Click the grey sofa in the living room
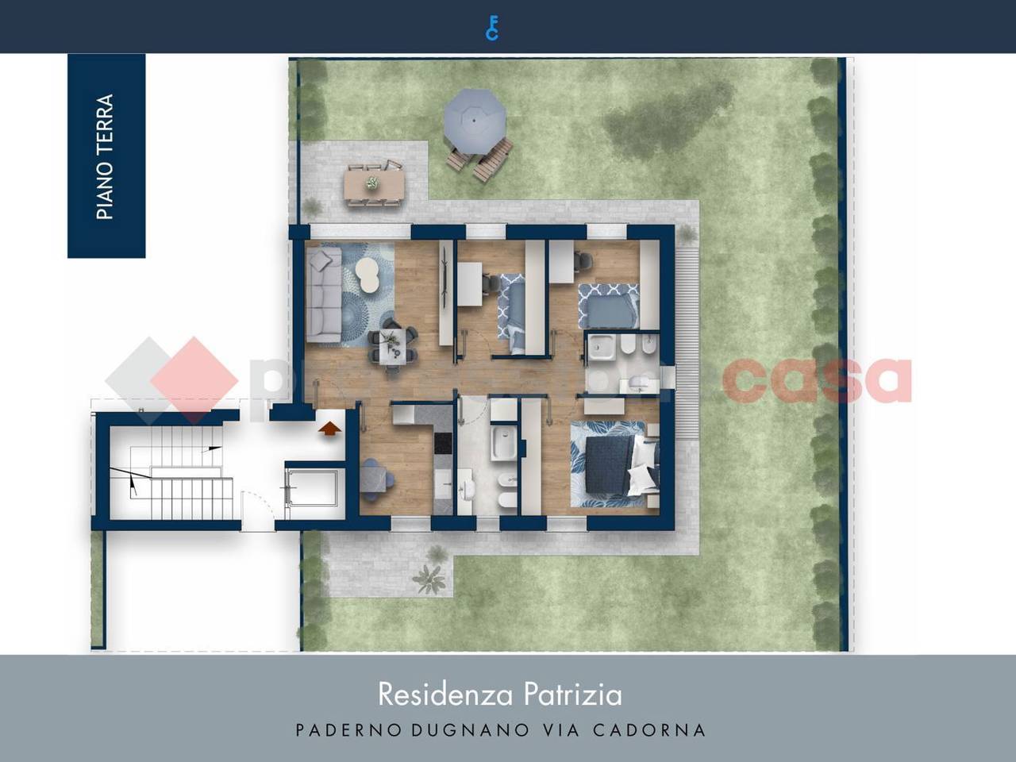coord(323,294)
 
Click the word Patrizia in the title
coord(572,695)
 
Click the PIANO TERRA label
coord(106,156)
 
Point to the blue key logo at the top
coord(492,27)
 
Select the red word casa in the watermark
coord(818,380)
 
